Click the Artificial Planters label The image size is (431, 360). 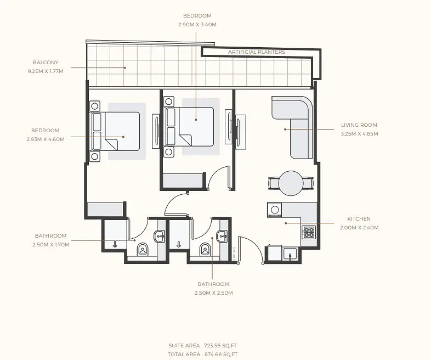tap(257, 52)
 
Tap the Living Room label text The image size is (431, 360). tap(359, 125)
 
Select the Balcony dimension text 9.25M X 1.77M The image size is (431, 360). tap(46, 71)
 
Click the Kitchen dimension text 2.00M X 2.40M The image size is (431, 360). tap(359, 227)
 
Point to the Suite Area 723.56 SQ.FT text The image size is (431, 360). tap(202, 346)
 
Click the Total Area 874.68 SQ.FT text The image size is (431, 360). tap(202, 355)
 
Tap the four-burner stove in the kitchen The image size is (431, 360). tap(309, 232)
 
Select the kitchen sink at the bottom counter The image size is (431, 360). tap(290, 254)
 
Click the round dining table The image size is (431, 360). tap(291, 183)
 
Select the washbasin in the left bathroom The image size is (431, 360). tap(160, 236)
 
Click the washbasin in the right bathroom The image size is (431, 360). tap(223, 236)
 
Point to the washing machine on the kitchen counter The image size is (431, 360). tap(275, 210)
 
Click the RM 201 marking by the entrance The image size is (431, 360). tap(234, 254)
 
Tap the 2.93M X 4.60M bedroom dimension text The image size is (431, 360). tap(46, 139)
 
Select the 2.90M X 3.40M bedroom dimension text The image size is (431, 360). tap(197, 25)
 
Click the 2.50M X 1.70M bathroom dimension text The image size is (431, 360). tap(51, 245)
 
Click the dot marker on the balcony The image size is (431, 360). tap(125, 67)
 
